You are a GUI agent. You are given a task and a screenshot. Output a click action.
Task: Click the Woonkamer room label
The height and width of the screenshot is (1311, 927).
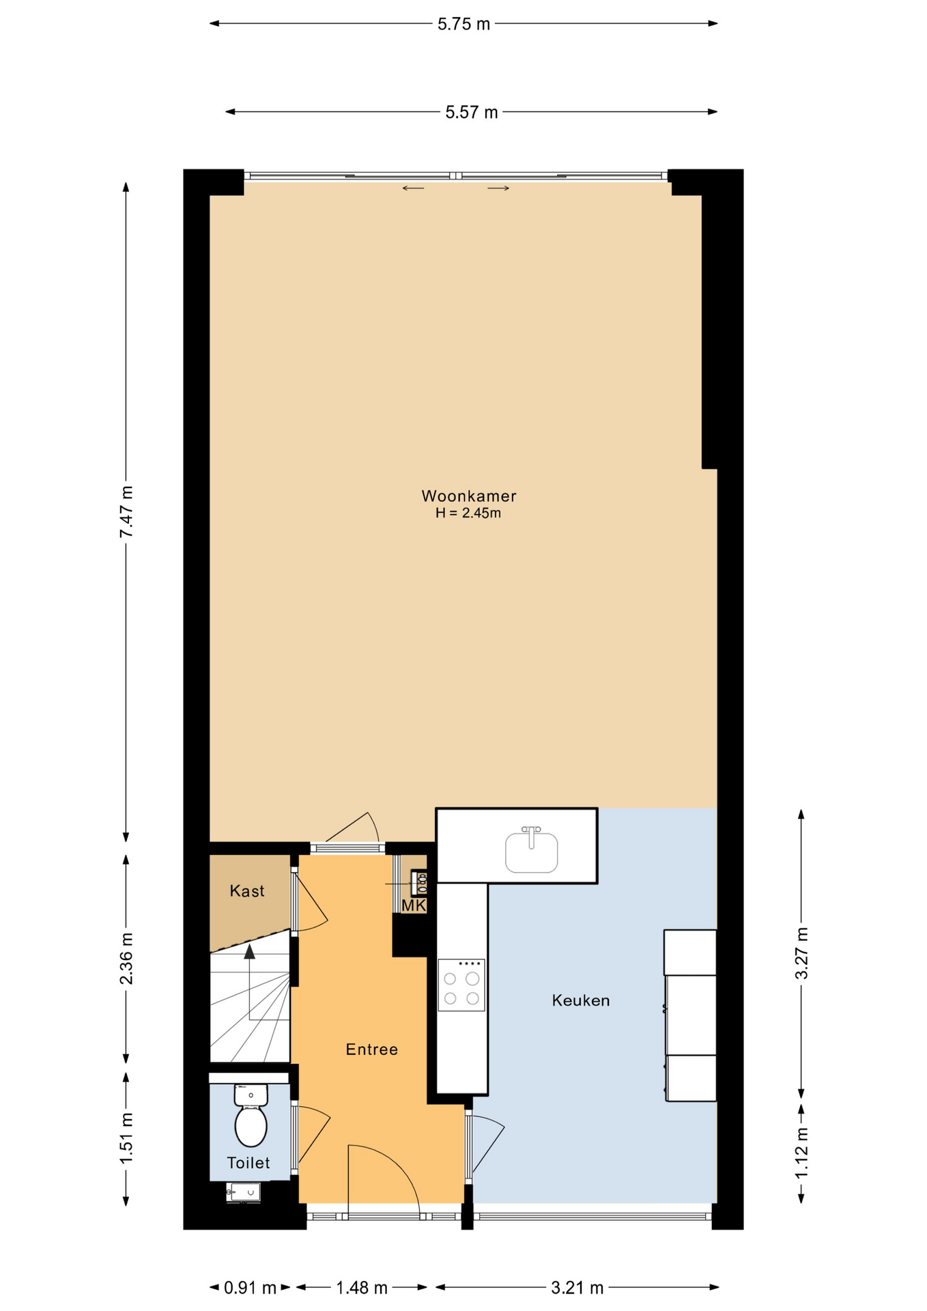click(x=468, y=496)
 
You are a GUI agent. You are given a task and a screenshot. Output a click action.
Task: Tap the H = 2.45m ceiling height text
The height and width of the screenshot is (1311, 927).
click(x=468, y=513)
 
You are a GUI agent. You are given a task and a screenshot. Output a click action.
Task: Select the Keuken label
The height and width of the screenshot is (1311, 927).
click(x=581, y=1000)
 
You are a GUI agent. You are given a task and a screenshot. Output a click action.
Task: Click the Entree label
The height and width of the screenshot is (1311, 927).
click(x=371, y=1049)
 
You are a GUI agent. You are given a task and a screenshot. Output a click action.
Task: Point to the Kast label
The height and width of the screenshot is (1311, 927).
click(x=247, y=891)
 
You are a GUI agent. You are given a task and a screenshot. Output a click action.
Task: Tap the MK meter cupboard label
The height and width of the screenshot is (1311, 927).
click(x=414, y=905)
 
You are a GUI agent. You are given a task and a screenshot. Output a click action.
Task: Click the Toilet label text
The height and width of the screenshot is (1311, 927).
click(x=248, y=1163)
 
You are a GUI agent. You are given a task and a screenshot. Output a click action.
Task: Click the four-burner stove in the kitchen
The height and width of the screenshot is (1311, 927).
click(x=461, y=985)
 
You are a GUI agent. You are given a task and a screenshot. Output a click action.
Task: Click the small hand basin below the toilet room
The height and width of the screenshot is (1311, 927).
click(x=243, y=1193)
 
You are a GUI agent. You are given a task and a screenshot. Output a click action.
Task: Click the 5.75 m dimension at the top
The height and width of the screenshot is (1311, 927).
click(x=463, y=24)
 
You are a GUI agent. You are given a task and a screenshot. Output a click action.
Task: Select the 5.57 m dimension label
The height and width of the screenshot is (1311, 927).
click(x=472, y=112)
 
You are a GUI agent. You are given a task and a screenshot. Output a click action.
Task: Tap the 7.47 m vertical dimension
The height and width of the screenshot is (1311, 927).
click(x=126, y=512)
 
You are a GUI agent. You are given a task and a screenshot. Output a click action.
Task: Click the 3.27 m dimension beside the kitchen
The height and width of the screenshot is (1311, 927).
click(x=801, y=953)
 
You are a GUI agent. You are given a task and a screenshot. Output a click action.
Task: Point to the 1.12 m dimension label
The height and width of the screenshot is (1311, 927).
click(x=801, y=1152)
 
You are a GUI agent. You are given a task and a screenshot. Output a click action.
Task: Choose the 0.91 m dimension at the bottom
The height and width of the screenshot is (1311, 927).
click(x=250, y=1288)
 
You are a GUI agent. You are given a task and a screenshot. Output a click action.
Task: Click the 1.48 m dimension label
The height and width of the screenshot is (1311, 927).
click(x=362, y=1288)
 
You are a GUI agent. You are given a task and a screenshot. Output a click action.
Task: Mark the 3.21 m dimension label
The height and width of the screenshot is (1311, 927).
click(x=577, y=1288)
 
